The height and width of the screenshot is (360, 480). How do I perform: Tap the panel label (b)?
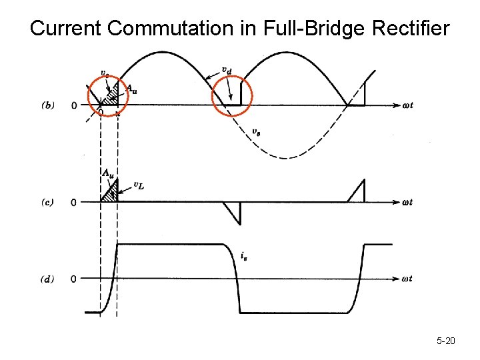coord(48,105)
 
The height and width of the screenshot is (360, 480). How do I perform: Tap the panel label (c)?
coord(48,202)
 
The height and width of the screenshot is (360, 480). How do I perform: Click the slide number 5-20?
coord(445,341)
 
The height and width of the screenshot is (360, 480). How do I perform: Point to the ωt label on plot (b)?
coord(407,105)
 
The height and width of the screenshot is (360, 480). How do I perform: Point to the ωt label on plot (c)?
coord(407,202)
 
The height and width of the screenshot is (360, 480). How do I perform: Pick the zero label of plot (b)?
coord(74,105)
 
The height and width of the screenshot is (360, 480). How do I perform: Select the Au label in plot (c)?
coord(107,171)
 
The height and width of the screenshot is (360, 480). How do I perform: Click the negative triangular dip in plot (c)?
coord(234,211)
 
